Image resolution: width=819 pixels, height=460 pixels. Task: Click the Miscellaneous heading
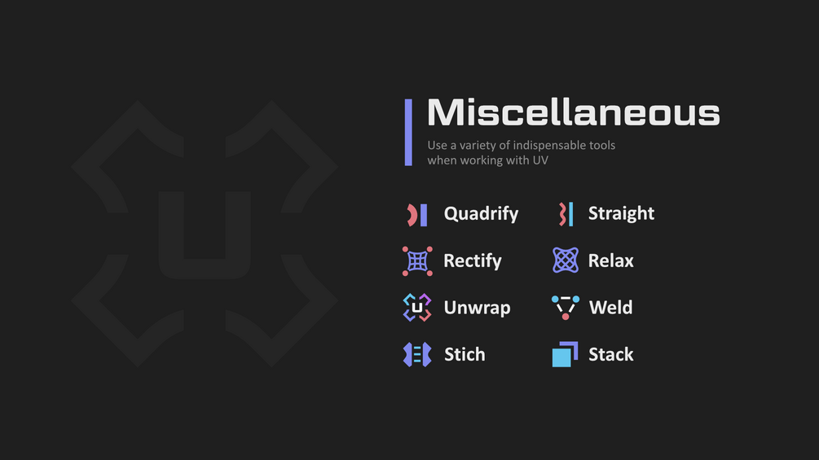coord(574,112)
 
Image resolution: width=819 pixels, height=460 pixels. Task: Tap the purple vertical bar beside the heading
coord(408,133)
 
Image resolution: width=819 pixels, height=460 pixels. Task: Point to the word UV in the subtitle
coord(540,160)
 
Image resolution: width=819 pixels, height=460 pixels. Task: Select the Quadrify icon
coord(417,215)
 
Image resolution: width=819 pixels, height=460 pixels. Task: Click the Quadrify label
coord(481,214)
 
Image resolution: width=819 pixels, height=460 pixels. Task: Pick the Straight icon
coord(566,214)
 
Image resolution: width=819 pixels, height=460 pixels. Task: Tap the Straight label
coord(621,213)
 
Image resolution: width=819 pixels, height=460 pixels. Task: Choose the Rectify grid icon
coord(417,261)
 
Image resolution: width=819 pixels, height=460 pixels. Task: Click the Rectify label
coord(472,261)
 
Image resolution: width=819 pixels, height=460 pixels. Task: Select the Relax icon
coord(566,261)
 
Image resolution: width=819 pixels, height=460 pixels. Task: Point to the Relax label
coord(610,261)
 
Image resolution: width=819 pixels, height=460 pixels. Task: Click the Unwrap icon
coord(417,308)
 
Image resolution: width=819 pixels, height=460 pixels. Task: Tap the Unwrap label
coord(477,308)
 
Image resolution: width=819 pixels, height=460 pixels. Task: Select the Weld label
coord(610,308)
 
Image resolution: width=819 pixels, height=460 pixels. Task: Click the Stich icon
coord(417,355)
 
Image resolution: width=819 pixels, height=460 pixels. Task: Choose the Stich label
coord(465,355)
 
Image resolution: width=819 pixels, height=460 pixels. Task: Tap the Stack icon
coord(565,355)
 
